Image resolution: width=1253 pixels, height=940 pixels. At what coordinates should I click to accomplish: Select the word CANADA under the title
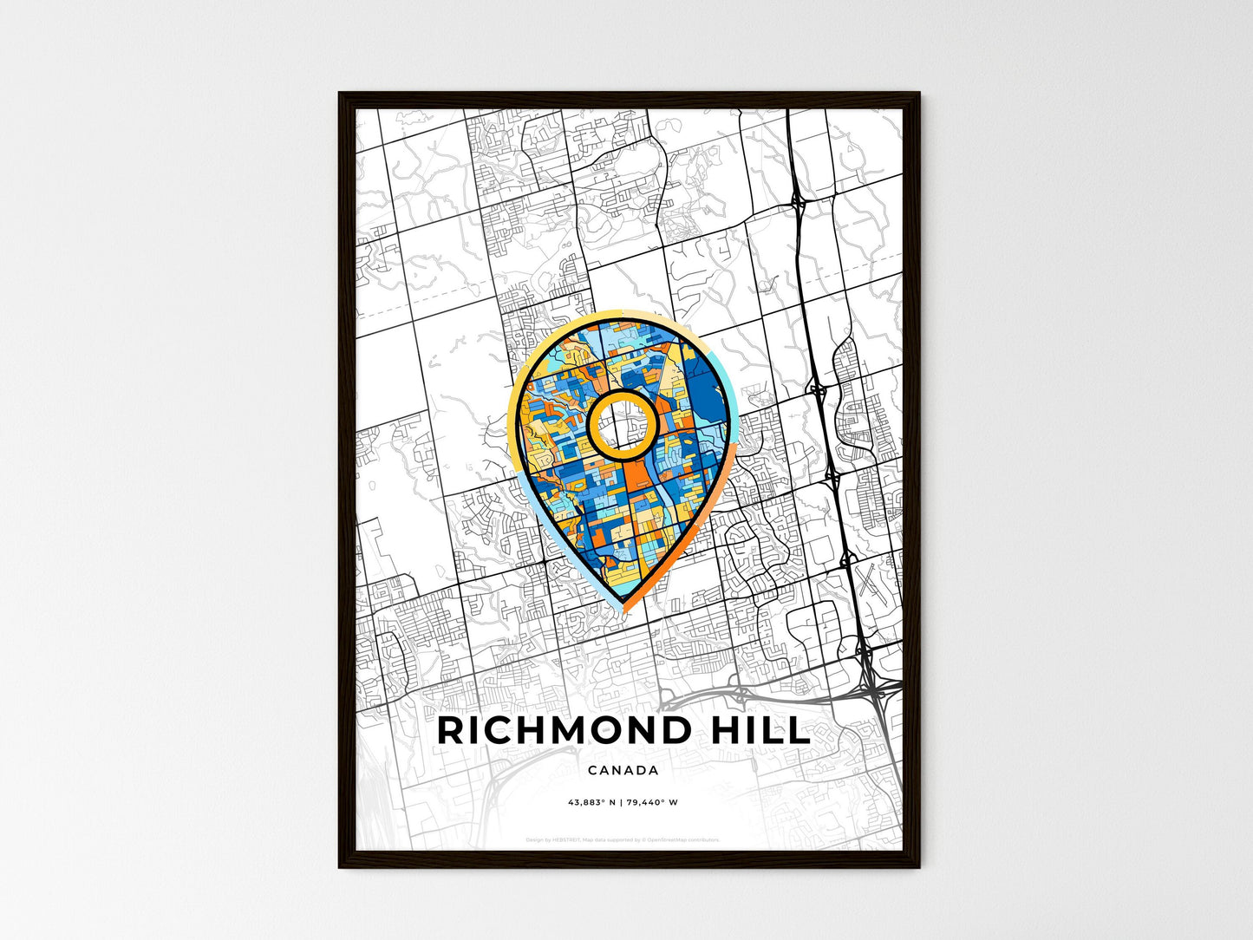[623, 770]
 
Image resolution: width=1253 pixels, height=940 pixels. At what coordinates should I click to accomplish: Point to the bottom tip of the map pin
[623, 607]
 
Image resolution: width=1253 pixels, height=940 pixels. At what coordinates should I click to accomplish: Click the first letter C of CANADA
[592, 770]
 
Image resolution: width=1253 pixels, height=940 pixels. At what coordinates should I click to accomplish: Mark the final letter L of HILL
[799, 731]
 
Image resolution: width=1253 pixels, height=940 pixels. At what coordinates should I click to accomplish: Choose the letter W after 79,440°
[674, 802]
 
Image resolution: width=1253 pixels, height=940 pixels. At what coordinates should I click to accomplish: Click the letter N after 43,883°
[612, 802]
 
